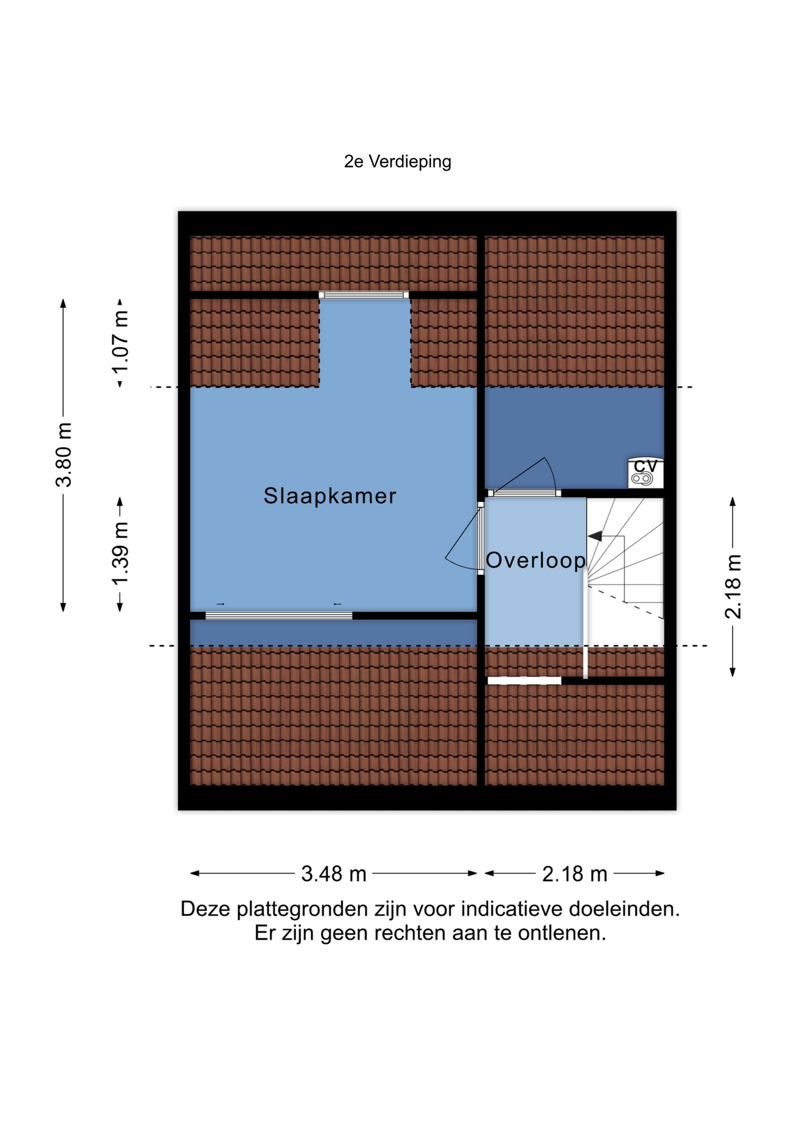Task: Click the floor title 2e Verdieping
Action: [x=397, y=162]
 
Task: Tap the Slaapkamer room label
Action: [x=330, y=496]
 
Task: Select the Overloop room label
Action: [x=536, y=561]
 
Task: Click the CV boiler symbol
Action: [x=646, y=472]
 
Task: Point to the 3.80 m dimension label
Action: [x=64, y=455]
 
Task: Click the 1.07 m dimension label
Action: [x=121, y=343]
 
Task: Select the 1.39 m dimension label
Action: [x=121, y=553]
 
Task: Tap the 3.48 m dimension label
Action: [x=334, y=874]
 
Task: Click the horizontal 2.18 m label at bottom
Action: [x=574, y=874]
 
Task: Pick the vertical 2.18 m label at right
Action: [x=733, y=587]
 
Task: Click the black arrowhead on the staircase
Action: [x=594, y=536]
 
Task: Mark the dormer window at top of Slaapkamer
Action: [x=364, y=295]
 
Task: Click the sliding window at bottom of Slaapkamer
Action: [x=278, y=615]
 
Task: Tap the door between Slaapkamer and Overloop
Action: [x=481, y=538]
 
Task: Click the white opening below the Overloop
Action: [x=525, y=680]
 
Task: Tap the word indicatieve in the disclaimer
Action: [x=512, y=909]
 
